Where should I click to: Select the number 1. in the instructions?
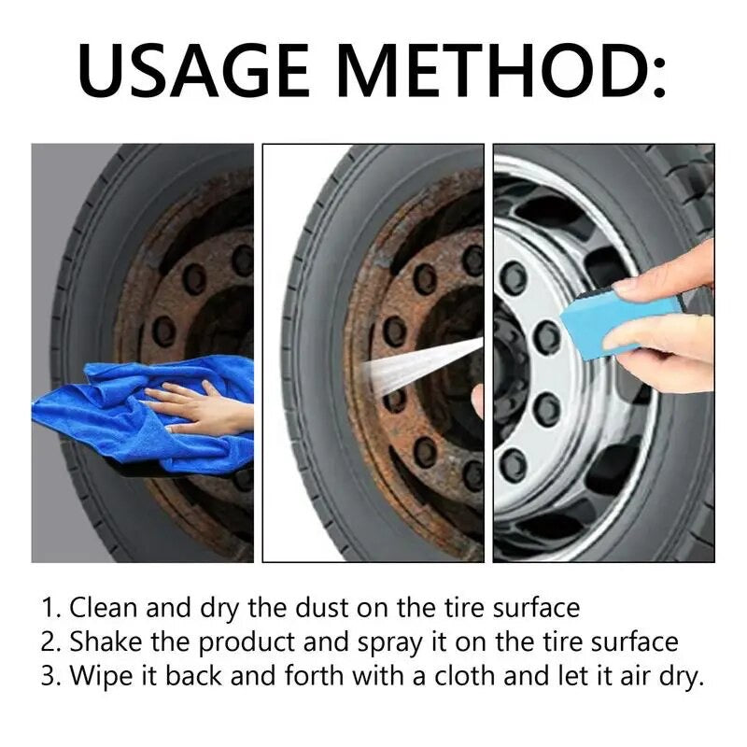click(x=51, y=609)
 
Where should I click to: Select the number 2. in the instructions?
click(x=51, y=642)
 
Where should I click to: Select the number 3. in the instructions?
click(x=51, y=676)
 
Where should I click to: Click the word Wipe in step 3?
click(x=99, y=676)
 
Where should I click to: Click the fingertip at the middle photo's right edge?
click(x=478, y=400)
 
